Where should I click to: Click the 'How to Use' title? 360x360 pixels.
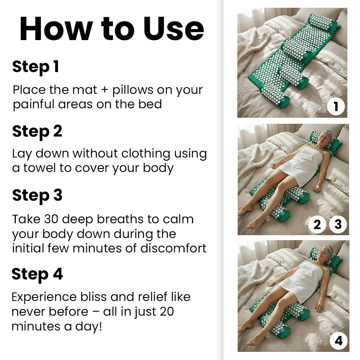click(111, 29)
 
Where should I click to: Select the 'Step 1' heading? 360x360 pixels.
click(36, 67)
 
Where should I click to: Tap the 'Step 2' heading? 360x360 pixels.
click(37, 131)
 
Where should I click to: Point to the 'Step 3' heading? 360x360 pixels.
click(37, 195)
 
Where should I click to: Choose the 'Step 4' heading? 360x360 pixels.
click(37, 274)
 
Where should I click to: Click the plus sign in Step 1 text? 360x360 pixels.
click(105, 90)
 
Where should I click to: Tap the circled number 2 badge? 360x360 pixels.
click(317, 224)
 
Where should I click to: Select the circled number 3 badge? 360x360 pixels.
click(338, 224)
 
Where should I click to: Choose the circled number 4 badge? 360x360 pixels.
click(339, 341)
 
